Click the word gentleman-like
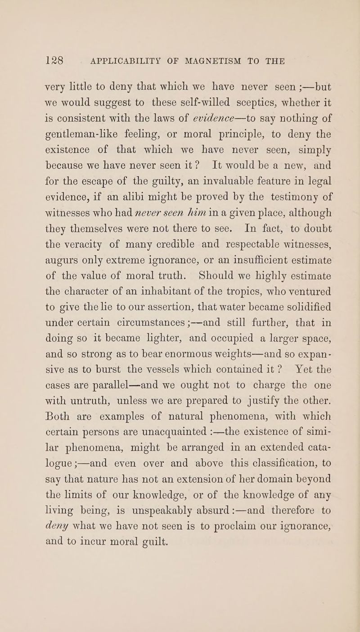[79, 142]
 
